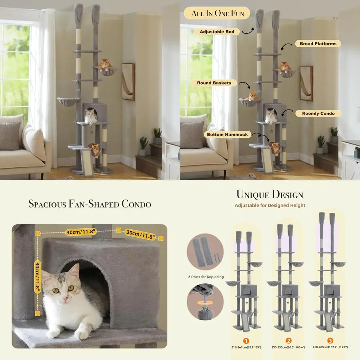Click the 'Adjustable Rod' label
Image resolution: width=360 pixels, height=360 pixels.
pos(217,32)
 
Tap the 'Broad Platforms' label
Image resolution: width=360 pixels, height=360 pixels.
pos(318,44)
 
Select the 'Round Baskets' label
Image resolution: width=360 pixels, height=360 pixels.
pos(214,83)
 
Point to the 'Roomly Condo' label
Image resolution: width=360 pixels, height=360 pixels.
pos(318,113)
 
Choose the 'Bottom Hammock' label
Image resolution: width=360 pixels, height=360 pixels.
pos(227,135)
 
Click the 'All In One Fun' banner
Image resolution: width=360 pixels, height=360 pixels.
pos(218,14)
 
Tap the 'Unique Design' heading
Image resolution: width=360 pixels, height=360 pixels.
pos(270,195)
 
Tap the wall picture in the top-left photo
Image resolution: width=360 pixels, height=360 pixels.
pos(128,82)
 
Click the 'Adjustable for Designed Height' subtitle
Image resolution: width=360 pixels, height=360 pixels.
pos(270,205)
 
